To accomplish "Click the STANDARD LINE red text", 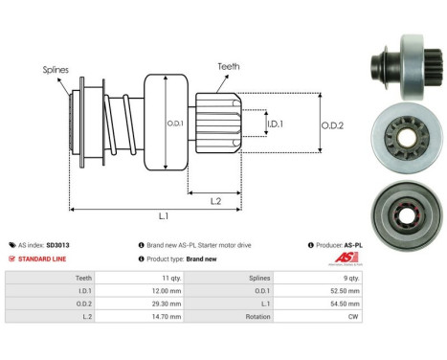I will click(x=45, y=259).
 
